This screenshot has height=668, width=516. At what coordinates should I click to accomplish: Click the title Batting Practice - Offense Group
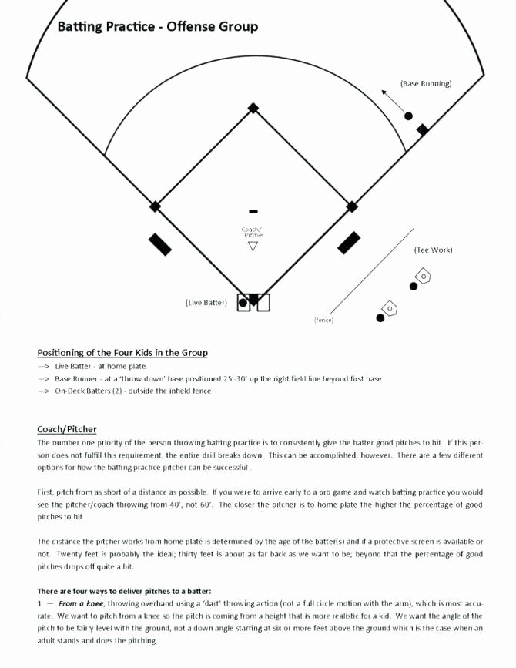point(157,27)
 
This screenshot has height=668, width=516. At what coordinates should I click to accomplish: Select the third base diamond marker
point(155,206)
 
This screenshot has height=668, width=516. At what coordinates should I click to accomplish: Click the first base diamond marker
point(352,206)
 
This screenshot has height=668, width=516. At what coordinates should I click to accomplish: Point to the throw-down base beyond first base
point(422,129)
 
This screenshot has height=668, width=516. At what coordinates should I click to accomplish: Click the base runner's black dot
point(409,116)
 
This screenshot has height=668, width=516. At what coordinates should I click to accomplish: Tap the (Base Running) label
point(425,83)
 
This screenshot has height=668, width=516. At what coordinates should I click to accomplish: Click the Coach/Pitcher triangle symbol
point(253,247)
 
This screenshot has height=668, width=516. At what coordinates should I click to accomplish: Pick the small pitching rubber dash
point(253,211)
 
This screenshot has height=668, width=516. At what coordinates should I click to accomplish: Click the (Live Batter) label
point(206,303)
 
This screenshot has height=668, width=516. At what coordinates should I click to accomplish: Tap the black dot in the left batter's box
point(243,303)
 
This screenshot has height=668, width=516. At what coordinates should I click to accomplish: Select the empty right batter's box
point(263,303)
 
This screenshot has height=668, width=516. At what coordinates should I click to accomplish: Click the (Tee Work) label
point(433,250)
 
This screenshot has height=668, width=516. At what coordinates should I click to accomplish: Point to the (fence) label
point(323,320)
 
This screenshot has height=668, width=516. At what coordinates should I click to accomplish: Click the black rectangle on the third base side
point(160,243)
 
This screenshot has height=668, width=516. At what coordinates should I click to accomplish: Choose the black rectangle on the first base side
point(349,243)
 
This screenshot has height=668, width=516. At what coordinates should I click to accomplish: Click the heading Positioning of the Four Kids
point(122,353)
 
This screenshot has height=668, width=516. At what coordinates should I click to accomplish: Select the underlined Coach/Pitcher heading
point(67,429)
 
